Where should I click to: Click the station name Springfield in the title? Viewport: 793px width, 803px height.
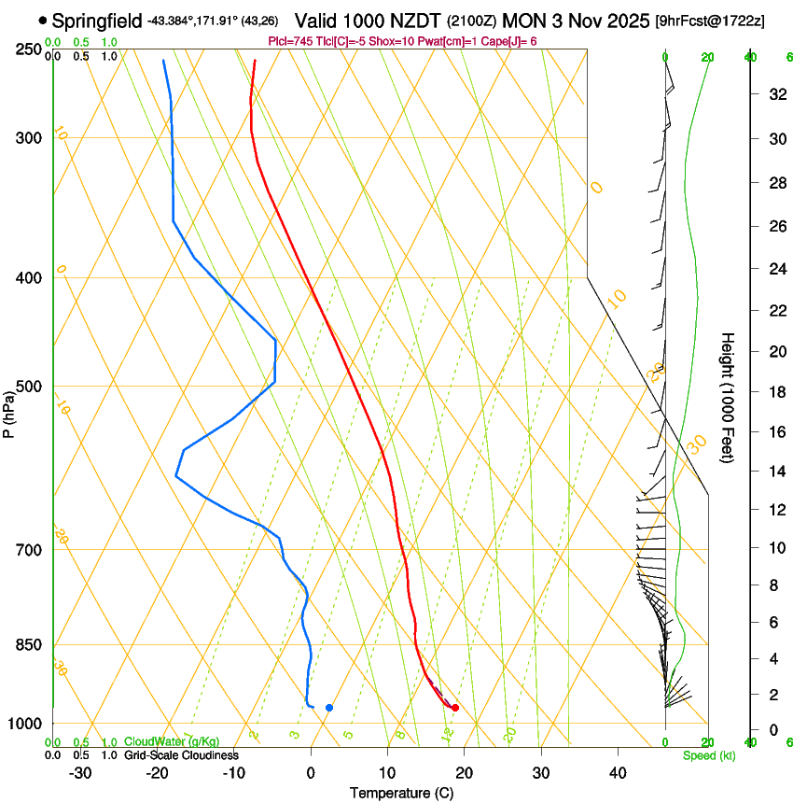(98, 20)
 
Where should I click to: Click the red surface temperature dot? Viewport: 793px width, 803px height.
(454, 708)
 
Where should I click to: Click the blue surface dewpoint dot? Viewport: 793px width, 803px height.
(329, 708)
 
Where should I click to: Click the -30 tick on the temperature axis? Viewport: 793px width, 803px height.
(80, 773)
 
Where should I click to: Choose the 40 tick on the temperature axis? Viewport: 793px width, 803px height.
(618, 773)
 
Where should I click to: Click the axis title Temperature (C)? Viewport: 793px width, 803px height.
(401, 793)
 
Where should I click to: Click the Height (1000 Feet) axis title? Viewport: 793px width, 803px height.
(729, 398)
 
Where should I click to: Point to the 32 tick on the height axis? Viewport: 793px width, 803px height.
(775, 94)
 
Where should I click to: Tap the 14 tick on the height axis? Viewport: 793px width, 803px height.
(775, 472)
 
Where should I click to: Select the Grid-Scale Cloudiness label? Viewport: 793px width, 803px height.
(181, 754)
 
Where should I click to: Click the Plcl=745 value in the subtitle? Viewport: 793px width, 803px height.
(288, 41)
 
